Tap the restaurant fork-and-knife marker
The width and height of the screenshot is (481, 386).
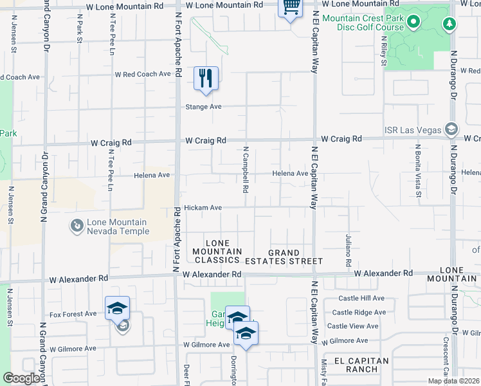[206, 78]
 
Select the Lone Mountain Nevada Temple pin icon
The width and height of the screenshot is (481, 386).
[77, 226]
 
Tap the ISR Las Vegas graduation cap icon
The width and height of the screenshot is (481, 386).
[452, 130]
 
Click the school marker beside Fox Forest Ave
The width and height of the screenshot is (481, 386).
[118, 308]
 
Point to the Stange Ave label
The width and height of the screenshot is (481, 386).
[203, 107]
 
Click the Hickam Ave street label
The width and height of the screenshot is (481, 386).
[203, 208]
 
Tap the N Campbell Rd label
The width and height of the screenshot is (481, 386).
[246, 170]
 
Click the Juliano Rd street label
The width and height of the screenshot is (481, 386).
[348, 250]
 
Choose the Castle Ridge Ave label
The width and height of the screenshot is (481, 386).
[359, 313]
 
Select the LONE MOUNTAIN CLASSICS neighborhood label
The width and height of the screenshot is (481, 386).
[217, 255]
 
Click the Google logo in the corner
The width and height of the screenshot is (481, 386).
[21, 378]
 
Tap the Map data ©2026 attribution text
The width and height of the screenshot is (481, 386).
[453, 381]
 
